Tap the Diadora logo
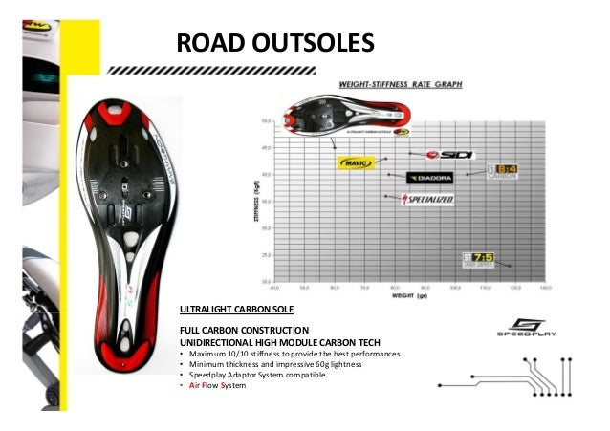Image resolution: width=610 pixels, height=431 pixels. click(429, 177)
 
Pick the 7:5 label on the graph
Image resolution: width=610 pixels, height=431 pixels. click(478, 258)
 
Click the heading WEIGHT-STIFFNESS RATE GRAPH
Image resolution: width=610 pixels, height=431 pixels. click(399, 85)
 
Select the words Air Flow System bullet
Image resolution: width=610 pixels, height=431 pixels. click(209, 386)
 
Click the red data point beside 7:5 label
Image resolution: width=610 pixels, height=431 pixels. click(511, 266)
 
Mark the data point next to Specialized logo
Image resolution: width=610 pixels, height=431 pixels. click(385, 197)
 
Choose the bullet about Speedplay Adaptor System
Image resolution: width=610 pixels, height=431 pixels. click(257, 375)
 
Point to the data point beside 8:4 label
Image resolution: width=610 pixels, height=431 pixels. click(468, 174)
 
